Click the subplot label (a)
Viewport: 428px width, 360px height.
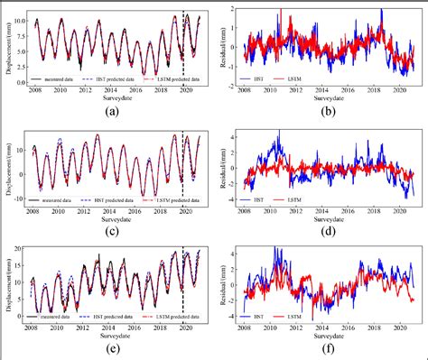coord(111,113)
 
